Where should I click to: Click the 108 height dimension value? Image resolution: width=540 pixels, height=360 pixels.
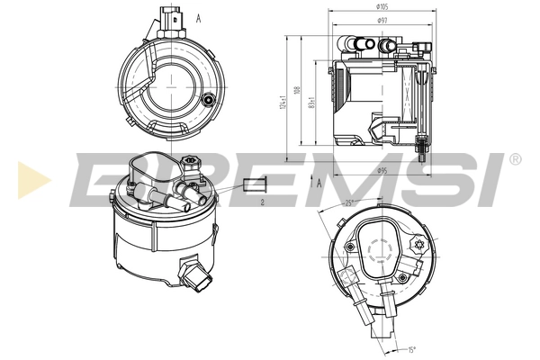297,91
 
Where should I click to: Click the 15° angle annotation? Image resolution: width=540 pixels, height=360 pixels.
411,350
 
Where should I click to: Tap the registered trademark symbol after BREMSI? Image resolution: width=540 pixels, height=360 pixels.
515,159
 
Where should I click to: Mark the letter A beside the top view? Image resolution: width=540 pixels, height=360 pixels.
197,17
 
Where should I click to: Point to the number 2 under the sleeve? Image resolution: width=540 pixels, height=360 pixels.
260,203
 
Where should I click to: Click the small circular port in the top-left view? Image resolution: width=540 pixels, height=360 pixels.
210,101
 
